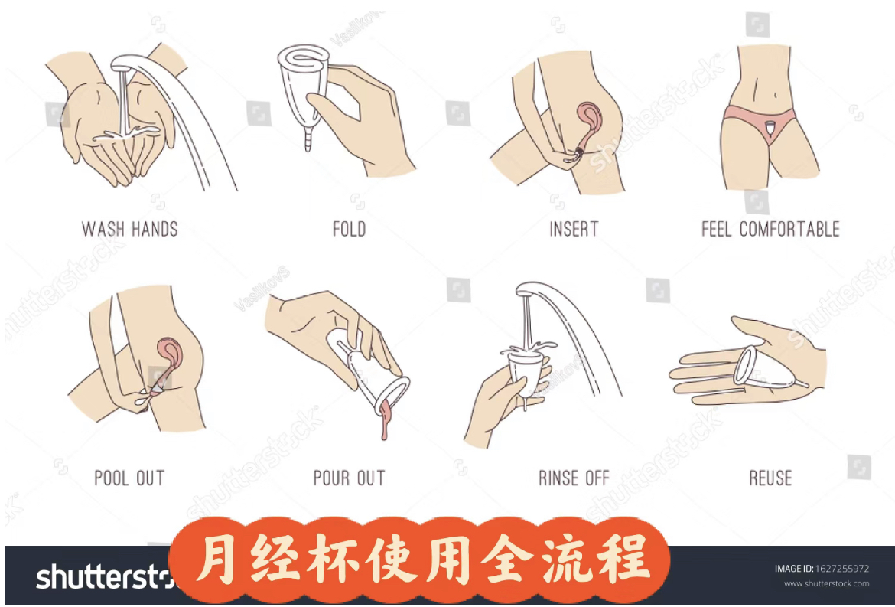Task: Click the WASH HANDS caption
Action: pyautogui.click(x=130, y=229)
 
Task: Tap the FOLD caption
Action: pyautogui.click(x=349, y=229)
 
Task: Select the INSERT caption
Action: pyautogui.click(x=574, y=229)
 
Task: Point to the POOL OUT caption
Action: pyautogui.click(x=129, y=478)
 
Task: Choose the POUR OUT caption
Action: pyautogui.click(x=350, y=478)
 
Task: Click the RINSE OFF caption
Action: pyautogui.click(x=574, y=478)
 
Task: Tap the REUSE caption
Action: pyautogui.click(x=770, y=478)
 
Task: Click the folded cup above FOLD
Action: pyautogui.click(x=304, y=86)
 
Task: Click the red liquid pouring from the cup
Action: pyautogui.click(x=386, y=419)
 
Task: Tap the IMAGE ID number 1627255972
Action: pyautogui.click(x=845, y=569)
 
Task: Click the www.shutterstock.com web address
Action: pyautogui.click(x=826, y=583)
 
